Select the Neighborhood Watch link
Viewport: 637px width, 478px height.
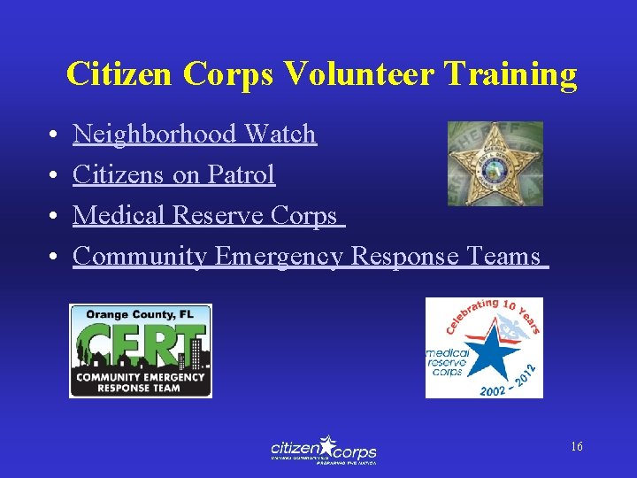[x=194, y=135]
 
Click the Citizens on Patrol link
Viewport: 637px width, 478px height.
[x=173, y=175]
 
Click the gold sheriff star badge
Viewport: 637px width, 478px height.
[x=495, y=163]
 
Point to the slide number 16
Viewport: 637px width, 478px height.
[x=576, y=447]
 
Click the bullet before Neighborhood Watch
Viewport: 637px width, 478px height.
[x=54, y=135]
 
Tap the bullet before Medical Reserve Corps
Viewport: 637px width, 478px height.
[x=54, y=217]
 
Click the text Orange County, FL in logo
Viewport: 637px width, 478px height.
[x=140, y=313]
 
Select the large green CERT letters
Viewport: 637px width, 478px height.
[x=142, y=344]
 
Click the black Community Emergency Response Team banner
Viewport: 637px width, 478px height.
[x=141, y=382]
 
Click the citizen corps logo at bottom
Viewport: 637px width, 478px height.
[x=323, y=450]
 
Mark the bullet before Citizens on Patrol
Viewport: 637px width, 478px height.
[x=54, y=176]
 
